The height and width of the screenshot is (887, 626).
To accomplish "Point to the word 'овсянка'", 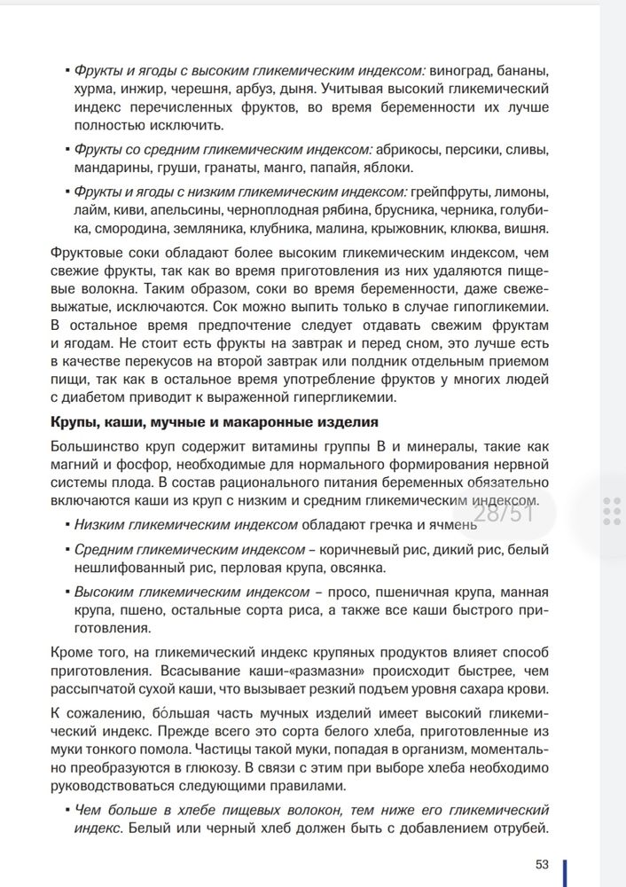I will [x=354, y=568].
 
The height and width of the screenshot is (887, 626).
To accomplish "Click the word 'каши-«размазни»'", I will [x=266, y=671].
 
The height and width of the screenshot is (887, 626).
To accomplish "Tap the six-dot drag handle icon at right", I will [x=611, y=511].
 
